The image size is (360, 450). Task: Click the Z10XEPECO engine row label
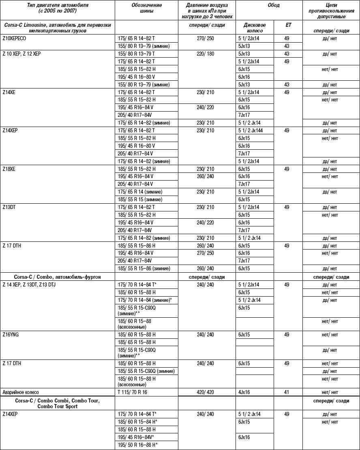pyautogui.click(x=18, y=39)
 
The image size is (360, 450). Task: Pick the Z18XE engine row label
pyautogui.click(x=11, y=169)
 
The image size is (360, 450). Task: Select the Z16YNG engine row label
pyautogui.click(x=12, y=335)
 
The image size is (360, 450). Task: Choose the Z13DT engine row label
pyautogui.click(x=11, y=207)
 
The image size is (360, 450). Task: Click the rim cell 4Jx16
pyautogui.click(x=244, y=392)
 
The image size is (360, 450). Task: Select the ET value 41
pyautogui.click(x=287, y=392)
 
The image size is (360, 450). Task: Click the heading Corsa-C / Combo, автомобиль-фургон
pyautogui.click(x=52, y=276)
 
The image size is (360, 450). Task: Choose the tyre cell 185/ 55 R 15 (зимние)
pyautogui.click(x=140, y=199)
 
